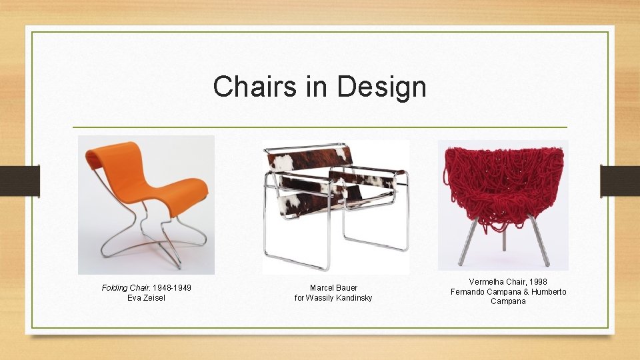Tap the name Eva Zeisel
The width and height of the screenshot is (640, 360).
[x=146, y=297]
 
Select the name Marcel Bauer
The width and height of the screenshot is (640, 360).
[x=333, y=288]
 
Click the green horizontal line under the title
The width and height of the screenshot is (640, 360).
[x=320, y=127]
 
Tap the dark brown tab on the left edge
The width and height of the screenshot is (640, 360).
[x=20, y=181]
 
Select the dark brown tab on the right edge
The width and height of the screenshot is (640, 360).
[x=620, y=181]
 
